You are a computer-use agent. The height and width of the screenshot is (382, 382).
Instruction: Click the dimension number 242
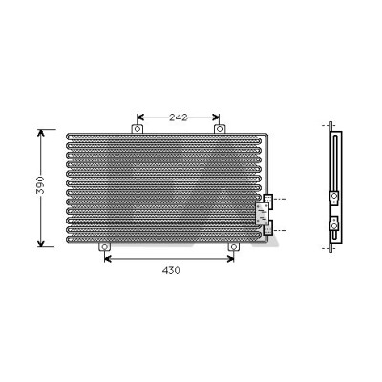[179, 117]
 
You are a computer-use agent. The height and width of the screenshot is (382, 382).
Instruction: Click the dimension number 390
[40, 184]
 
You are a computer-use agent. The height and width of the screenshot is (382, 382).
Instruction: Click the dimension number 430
[171, 270]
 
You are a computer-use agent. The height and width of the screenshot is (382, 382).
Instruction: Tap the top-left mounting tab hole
[138, 129]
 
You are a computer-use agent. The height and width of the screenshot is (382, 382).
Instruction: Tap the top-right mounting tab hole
[220, 129]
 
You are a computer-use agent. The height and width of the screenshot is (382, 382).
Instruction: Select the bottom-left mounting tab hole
[104, 247]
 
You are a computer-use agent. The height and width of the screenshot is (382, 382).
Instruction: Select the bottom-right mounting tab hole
[234, 247]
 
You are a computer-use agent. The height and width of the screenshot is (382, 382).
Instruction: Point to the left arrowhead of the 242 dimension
[140, 117]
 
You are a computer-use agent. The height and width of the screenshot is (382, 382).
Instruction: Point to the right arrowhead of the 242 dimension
[216, 117]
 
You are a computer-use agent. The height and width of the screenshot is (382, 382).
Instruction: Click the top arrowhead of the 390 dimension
[40, 133]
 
